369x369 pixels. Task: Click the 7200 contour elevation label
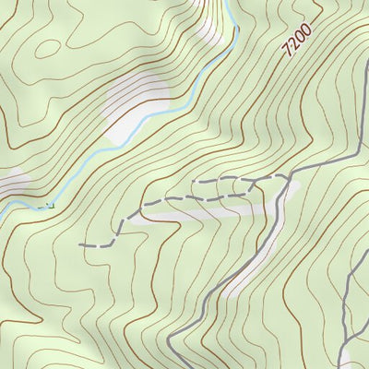coord(298,42)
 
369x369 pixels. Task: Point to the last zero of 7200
coord(308,29)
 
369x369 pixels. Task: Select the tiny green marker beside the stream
coord(47,204)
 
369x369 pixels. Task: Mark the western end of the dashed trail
coord(81,245)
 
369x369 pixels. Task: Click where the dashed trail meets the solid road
coord(289,174)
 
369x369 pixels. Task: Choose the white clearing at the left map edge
coord(11,182)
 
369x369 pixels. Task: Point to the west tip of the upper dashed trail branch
coord(194,183)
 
